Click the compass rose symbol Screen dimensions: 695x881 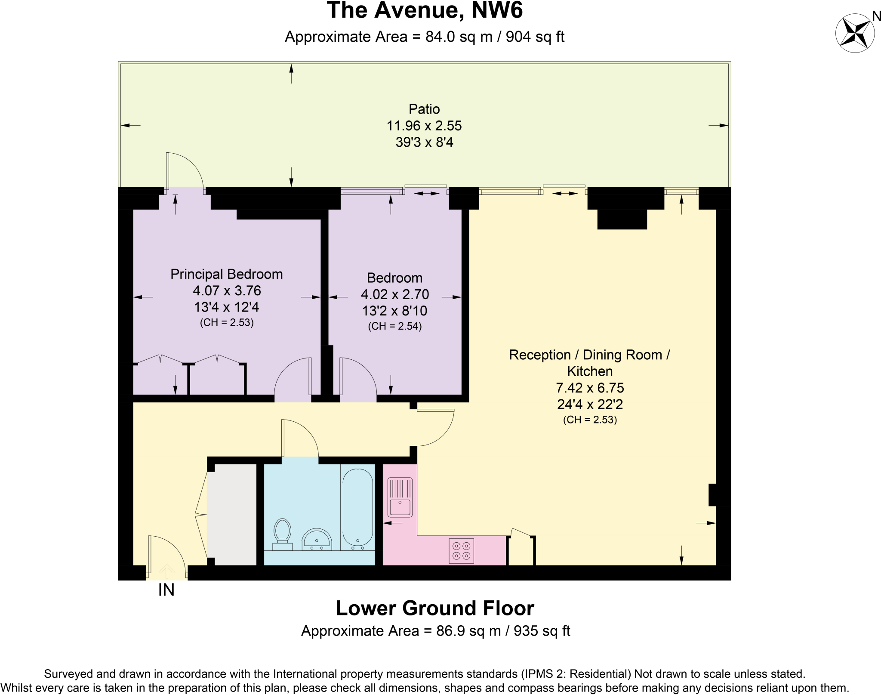coord(855,33)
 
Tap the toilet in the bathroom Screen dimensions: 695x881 coord(282,534)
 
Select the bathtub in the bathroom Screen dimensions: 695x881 coord(357,508)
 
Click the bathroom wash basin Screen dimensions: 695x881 coord(317,540)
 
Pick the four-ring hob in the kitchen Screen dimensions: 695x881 coord(461,551)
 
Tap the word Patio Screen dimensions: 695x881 coord(424,109)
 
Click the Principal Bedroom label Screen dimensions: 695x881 coord(226,274)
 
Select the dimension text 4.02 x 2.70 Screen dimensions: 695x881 coord(395,294)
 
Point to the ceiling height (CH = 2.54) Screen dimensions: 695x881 coord(395,326)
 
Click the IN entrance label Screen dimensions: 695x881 coord(166,590)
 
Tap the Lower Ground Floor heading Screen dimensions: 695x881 coord(434,608)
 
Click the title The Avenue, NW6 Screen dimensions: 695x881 coord(425,10)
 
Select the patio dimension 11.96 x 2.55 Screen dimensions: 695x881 coord(424,126)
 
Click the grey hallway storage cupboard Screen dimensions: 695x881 coord(232,514)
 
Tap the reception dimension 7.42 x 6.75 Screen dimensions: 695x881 coord(590,388)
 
